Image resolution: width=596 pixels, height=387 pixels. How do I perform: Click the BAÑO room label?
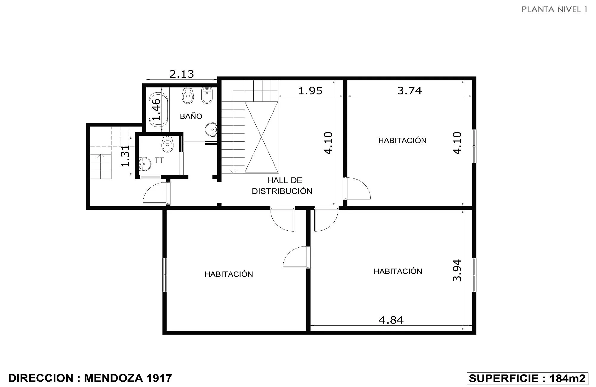click(x=191, y=116)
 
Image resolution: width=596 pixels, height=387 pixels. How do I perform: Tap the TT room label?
click(x=159, y=160)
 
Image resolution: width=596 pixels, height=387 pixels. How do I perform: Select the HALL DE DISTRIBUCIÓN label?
click(x=282, y=185)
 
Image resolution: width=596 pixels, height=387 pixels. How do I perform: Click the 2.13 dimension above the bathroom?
click(x=182, y=74)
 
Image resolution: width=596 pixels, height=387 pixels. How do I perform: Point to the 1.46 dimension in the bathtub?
click(x=156, y=109)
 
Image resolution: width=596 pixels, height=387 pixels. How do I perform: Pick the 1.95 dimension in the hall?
click(x=310, y=90)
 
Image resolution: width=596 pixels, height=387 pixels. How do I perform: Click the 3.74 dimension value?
click(x=409, y=90)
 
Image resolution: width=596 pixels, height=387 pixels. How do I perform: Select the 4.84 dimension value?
click(x=391, y=320)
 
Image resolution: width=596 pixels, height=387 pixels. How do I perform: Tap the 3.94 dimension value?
click(x=457, y=270)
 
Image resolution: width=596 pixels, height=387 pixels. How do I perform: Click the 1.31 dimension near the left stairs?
click(x=125, y=156)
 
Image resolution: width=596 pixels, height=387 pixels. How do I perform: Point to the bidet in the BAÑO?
click(x=207, y=95)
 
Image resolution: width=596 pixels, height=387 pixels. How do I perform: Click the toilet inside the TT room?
click(x=167, y=144)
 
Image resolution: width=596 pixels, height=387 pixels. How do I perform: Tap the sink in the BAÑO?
click(x=211, y=129)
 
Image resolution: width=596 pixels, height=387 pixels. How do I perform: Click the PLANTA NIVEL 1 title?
click(x=554, y=10)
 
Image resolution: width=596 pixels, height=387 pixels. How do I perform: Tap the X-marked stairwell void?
click(x=261, y=137)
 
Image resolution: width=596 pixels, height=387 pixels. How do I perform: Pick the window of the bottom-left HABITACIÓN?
click(x=164, y=275)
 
